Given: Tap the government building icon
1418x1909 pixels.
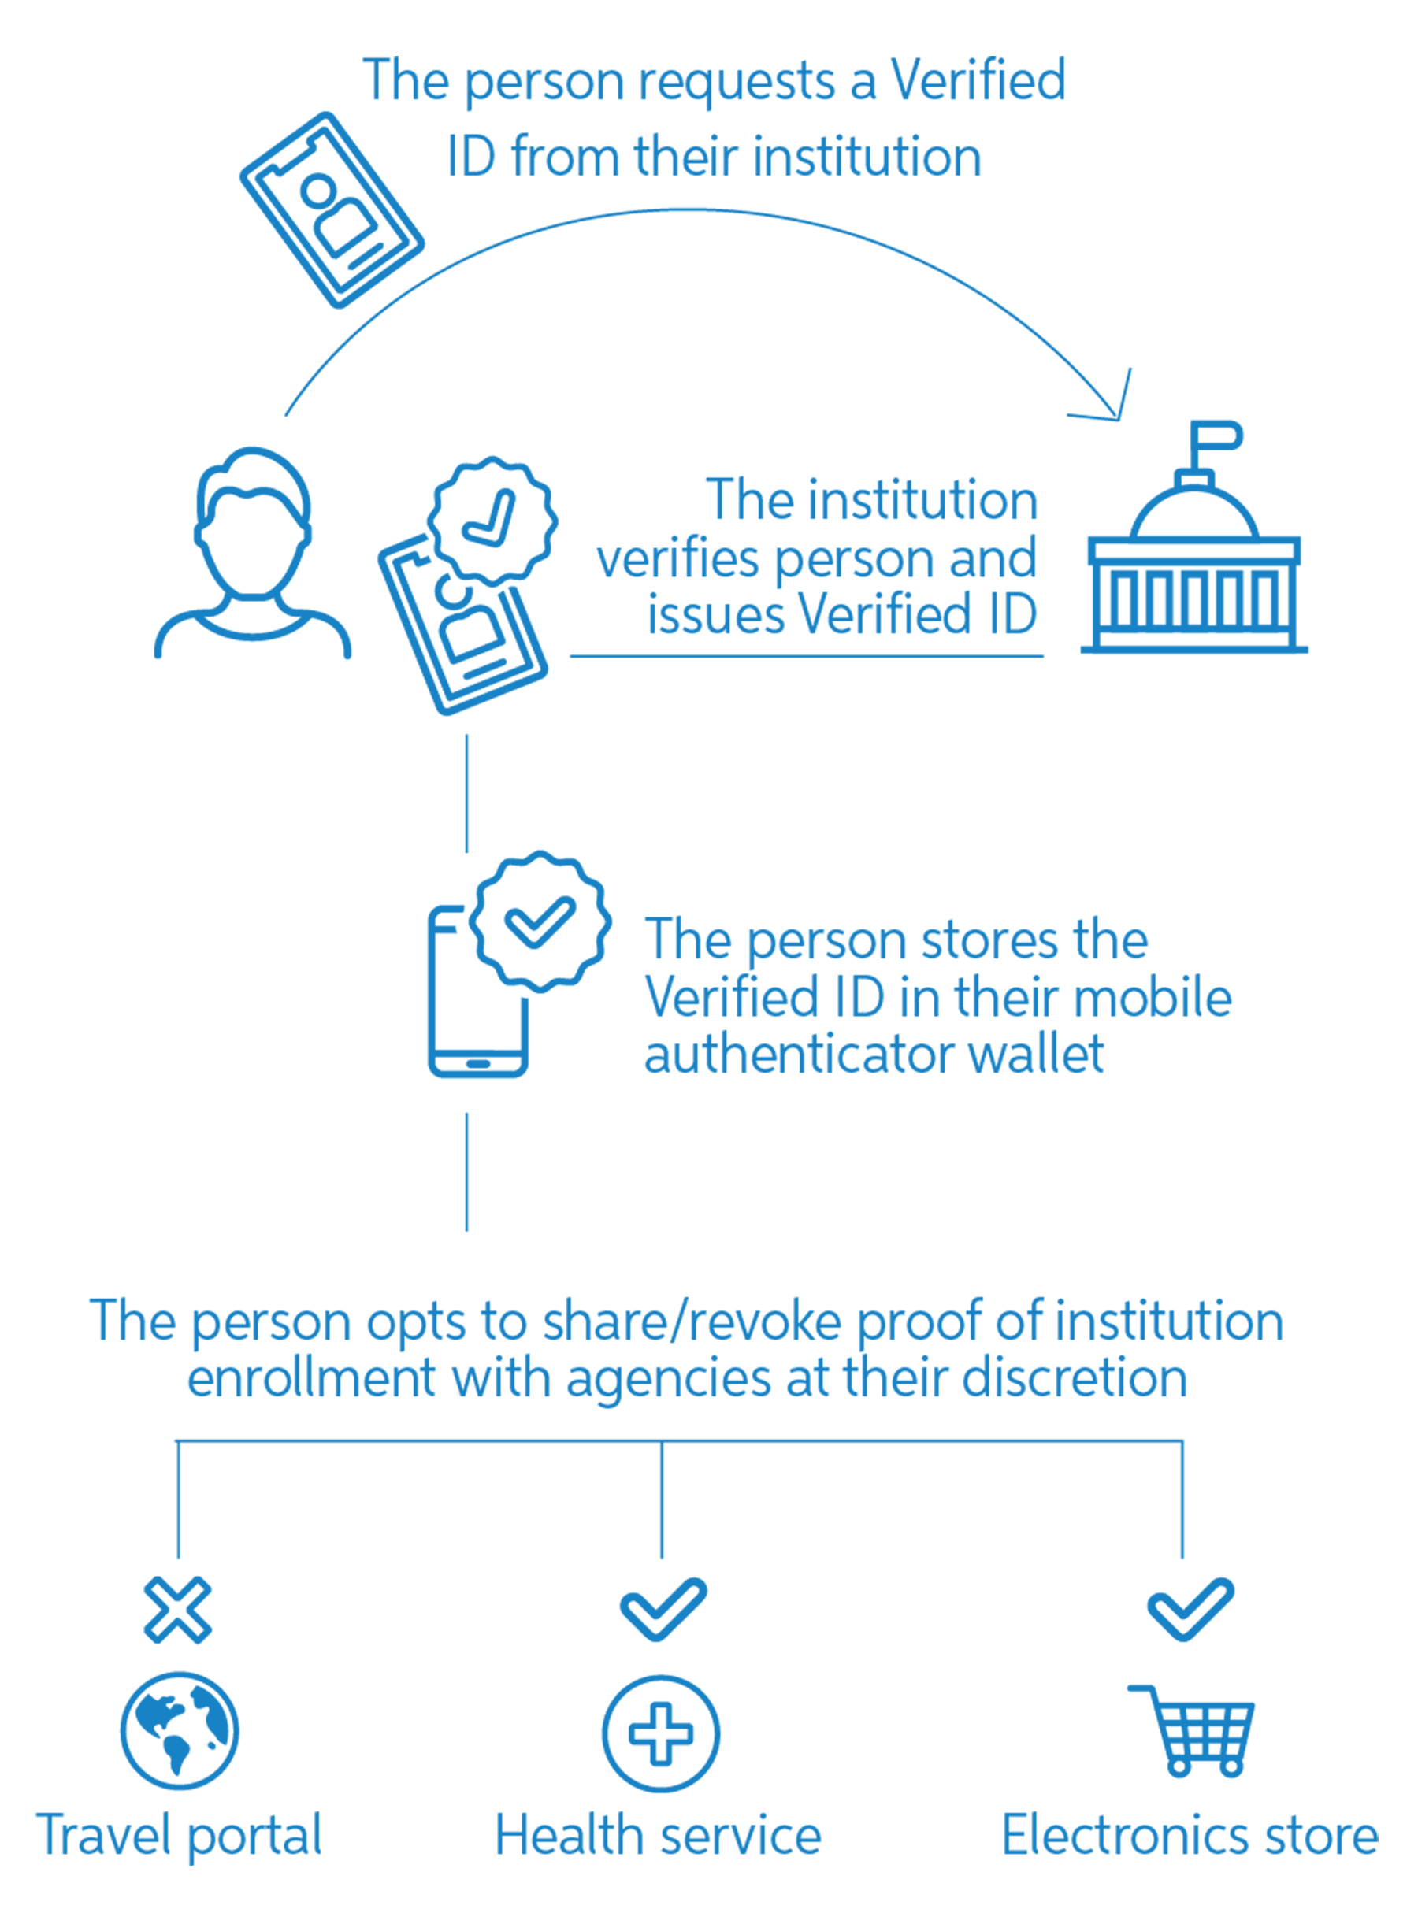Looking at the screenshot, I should [1194, 566].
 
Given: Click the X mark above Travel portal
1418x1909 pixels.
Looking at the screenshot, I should [178, 1610].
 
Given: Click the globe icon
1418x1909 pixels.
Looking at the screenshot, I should [180, 1730].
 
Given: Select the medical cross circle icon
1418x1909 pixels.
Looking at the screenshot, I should [660, 1733].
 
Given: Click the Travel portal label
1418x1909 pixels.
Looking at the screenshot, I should [179, 1835].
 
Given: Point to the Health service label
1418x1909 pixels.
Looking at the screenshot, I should [659, 1835].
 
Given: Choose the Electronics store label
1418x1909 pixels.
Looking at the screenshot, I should [1190, 1835].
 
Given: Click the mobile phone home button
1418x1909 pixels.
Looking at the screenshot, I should [478, 1064].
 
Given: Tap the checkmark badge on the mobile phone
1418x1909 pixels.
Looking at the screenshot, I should [540, 922].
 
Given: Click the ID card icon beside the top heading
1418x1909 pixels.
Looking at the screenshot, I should [332, 209].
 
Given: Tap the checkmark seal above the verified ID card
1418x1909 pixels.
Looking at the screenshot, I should [492, 520].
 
